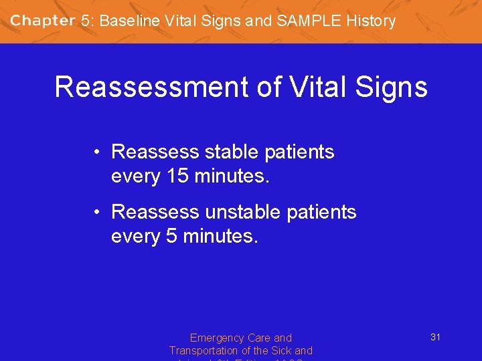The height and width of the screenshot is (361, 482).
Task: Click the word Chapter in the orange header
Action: (42, 21)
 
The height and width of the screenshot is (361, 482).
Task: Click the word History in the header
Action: (372, 21)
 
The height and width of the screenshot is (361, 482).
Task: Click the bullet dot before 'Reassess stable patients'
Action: (98, 152)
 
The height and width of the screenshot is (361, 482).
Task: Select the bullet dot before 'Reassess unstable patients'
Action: (98, 213)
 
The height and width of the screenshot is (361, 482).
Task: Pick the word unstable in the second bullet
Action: (247, 212)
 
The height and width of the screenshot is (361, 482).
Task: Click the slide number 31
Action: (435, 337)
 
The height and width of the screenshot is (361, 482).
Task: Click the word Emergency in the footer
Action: (216, 338)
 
